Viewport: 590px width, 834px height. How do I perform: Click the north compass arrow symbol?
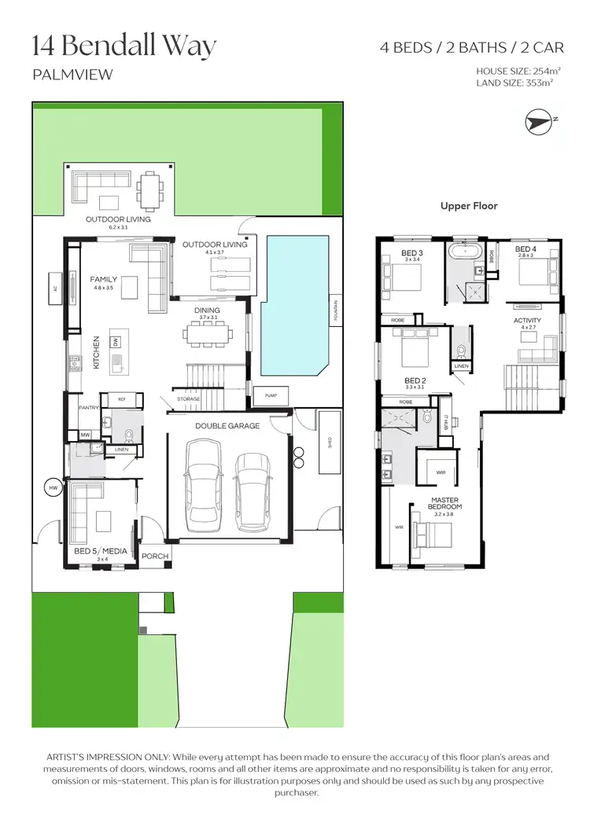click(539, 121)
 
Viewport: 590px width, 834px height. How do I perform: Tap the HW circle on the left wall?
click(53, 487)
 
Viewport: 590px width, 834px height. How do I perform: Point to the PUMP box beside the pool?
click(271, 395)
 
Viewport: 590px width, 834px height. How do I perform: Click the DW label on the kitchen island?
click(116, 343)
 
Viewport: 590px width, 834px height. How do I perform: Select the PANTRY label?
click(87, 408)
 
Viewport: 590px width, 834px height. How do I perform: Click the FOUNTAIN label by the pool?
click(335, 313)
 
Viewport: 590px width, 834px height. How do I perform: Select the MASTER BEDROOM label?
click(445, 503)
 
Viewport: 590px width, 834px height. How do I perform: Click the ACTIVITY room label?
click(527, 321)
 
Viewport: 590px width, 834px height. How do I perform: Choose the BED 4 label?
click(525, 249)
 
